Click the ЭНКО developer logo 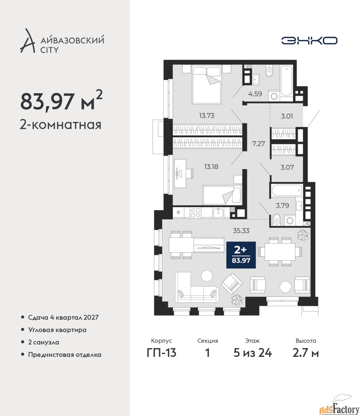pos(309,40)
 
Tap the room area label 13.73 pos(207,115)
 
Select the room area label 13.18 pos(211,167)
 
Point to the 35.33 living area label pos(241,231)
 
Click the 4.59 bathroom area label pos(255,94)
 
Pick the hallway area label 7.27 pos(258,144)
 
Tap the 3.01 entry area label pos(287,116)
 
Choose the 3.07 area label pos(287,167)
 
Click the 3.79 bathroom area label pos(282,205)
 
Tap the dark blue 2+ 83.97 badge pos(241,255)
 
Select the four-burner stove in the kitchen pos(195,213)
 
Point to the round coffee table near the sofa pos(207,276)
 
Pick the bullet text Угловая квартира pos(57,330)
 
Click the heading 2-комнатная pos(60,125)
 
